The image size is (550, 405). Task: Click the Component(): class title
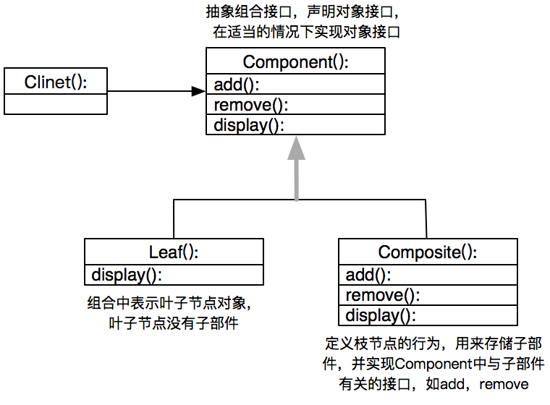295,62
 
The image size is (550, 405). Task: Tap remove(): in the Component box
250,105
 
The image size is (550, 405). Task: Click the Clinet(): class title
56,82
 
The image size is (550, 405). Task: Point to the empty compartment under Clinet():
56,104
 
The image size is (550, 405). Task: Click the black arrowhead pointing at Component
198,91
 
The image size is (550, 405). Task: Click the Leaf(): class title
174,252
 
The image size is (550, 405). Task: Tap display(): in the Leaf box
126,275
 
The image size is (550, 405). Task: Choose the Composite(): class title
428,252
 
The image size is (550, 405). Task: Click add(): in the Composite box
368,275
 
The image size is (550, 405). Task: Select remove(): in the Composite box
382,295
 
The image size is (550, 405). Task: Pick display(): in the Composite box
380,315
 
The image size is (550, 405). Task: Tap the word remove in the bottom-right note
504,384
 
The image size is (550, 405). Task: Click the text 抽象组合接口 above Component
240,13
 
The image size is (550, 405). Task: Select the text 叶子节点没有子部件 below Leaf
173,323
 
